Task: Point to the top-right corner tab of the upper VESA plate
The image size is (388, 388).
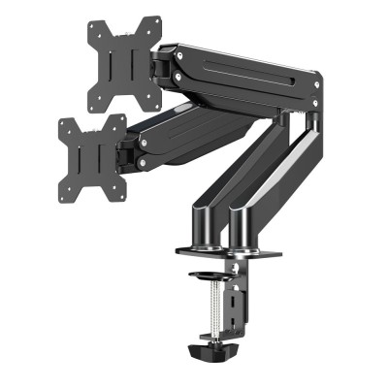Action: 154,21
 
